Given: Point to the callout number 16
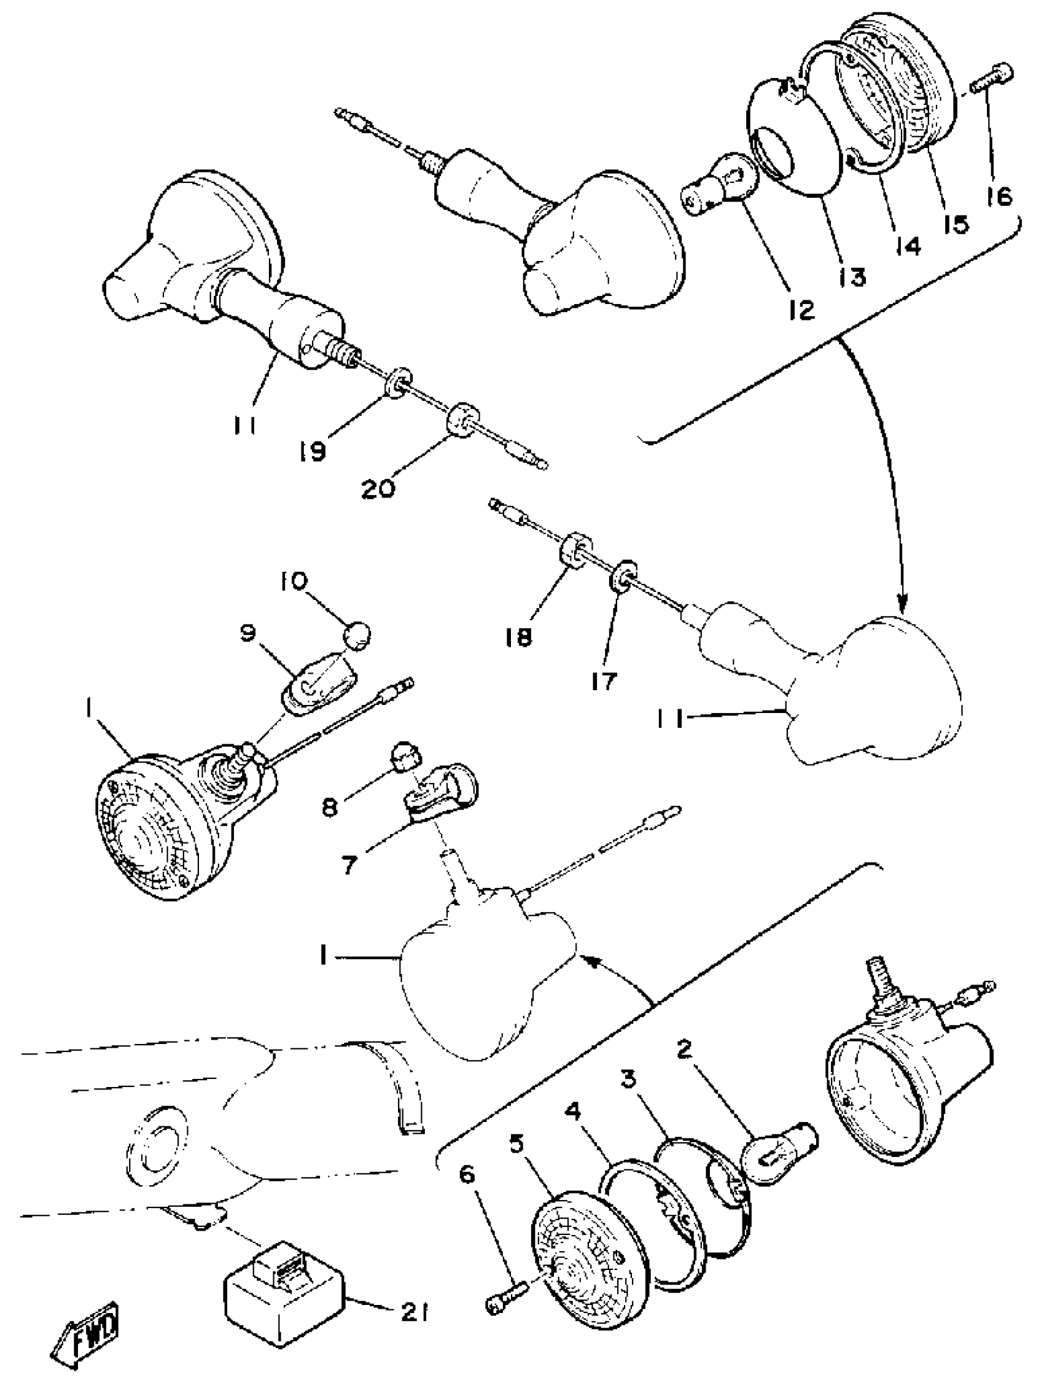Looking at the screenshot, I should coord(999,197).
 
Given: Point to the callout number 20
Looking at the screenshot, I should coord(378,488).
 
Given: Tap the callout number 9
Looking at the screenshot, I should coord(247,634).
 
